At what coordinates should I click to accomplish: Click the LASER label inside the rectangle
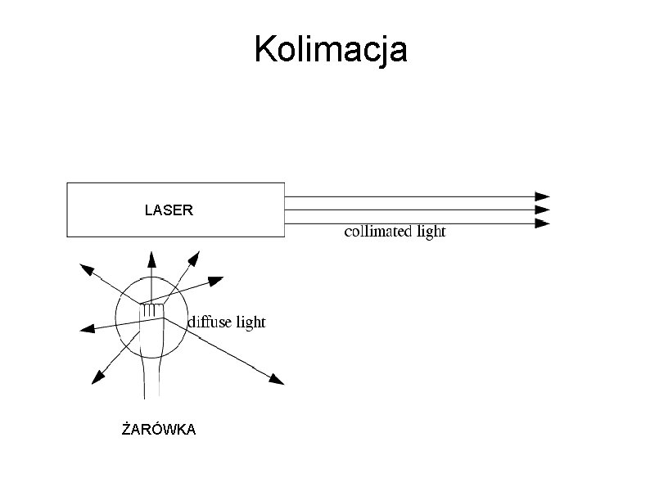click(x=169, y=210)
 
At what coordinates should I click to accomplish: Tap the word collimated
click(x=378, y=232)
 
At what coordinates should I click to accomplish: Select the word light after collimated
click(x=431, y=232)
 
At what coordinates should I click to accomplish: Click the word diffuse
click(x=210, y=322)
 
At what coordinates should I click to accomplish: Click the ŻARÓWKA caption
click(x=159, y=430)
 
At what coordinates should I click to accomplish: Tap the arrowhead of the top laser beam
click(x=542, y=196)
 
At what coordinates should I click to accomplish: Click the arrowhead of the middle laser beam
click(x=542, y=210)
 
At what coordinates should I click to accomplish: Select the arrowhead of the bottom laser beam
click(x=542, y=223)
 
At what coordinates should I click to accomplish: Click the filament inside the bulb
click(x=151, y=310)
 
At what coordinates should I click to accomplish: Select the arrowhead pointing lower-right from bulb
click(x=277, y=379)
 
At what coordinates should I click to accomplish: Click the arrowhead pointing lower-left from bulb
click(x=98, y=377)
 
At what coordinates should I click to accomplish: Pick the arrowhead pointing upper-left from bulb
click(x=84, y=269)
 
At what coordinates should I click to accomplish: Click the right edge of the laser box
click(x=284, y=210)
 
